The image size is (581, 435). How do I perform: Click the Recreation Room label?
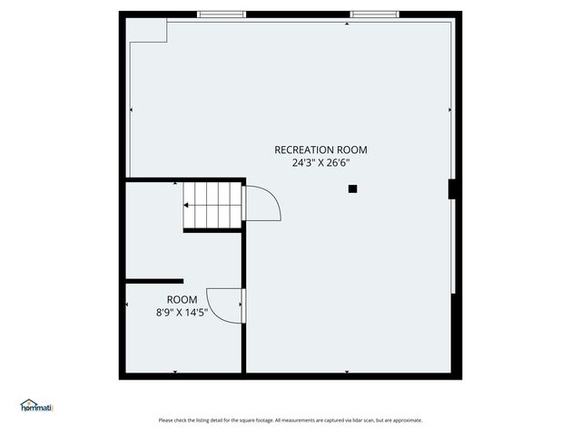tap(320, 150)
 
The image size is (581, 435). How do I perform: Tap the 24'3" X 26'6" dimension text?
tap(320, 163)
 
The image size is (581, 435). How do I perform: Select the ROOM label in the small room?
tap(182, 300)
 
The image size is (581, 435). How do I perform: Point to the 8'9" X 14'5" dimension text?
tap(182, 313)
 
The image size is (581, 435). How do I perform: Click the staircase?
tap(213, 205)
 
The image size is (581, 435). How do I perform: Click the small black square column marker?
tap(353, 188)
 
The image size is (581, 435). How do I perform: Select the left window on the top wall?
tap(222, 14)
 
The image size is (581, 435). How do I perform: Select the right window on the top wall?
tap(374, 14)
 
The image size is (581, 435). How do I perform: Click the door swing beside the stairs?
tap(263, 205)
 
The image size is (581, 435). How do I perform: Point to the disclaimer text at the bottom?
tap(290, 420)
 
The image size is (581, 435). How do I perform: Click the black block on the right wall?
tap(451, 188)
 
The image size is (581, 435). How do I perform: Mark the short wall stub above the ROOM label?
tap(154, 281)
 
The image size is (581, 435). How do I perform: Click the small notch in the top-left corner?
tap(147, 30)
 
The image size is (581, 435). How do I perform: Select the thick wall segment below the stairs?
tap(213, 230)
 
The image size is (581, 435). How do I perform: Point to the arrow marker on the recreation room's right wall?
tap(449, 110)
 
